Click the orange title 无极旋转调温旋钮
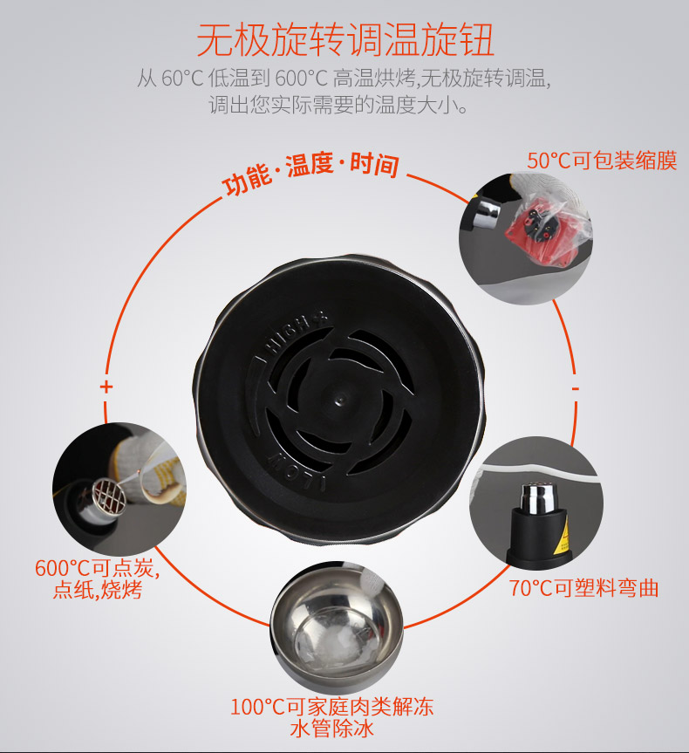344,41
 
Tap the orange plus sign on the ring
106,387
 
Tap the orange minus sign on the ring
576,388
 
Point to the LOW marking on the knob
296,470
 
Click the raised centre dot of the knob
340,399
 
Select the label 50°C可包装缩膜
602,161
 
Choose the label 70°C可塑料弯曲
583,588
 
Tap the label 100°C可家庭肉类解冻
331,707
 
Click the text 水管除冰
331,729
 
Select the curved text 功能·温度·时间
310,172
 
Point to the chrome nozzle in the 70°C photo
536,498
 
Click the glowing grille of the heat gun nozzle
110,496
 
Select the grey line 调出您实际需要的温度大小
338,104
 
